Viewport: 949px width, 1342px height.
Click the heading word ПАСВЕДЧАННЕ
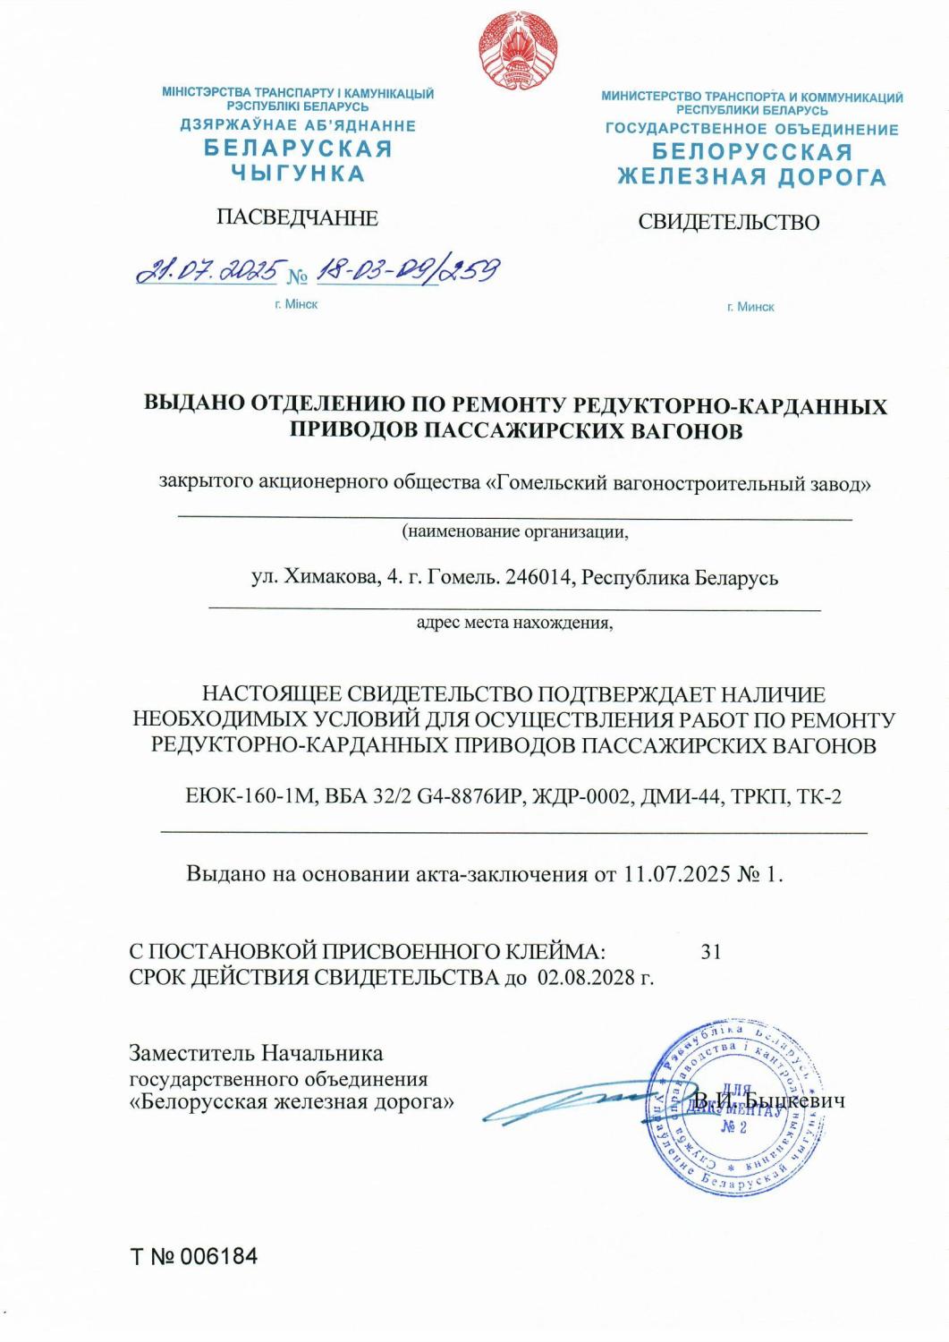point(297,217)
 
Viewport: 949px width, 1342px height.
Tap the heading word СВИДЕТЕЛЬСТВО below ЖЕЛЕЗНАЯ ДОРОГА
point(728,222)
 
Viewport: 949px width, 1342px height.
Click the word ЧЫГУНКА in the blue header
point(298,174)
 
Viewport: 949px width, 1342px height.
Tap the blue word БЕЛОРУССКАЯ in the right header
point(751,152)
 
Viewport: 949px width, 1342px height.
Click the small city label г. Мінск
point(296,304)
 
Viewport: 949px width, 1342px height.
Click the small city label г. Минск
point(750,307)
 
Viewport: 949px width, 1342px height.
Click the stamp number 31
point(711,951)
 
